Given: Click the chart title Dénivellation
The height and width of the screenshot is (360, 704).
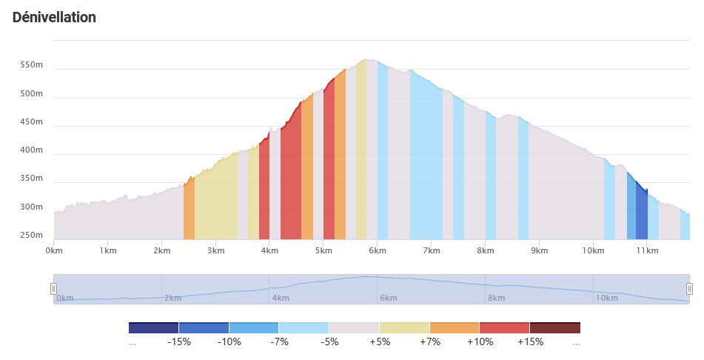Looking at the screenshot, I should coord(54,17).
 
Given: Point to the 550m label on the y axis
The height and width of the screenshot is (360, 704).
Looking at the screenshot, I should coord(32,66).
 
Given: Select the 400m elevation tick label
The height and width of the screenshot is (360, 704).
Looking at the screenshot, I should coord(32,150).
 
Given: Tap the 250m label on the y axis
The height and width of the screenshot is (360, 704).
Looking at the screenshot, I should coord(32,235).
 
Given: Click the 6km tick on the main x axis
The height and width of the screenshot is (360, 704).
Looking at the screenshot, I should coord(377,251).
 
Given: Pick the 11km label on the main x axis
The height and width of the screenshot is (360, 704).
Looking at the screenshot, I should coord(646,251).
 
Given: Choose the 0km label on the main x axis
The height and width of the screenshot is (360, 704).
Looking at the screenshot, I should coord(53,251).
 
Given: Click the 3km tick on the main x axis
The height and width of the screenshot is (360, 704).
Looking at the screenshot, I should coord(215,251).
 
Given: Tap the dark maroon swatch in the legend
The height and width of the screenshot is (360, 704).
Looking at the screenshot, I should coord(554,327).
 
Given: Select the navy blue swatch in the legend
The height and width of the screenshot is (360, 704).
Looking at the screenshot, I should coord(153,327).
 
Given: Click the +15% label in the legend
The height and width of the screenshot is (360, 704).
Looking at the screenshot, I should coord(531,342).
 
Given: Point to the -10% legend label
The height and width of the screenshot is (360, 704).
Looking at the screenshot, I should coord(228,342).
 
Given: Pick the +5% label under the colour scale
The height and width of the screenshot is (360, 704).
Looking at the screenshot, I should coord(379,342).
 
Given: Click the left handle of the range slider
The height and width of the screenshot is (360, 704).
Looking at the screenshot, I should coord(53,288).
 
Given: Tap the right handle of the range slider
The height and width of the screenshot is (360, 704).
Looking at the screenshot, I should coord(689,288).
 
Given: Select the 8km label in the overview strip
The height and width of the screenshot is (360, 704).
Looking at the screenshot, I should coord(496,298).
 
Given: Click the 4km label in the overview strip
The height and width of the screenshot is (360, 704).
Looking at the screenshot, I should coord(281,298).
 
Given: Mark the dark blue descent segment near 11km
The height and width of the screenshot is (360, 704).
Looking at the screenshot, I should coord(642,215).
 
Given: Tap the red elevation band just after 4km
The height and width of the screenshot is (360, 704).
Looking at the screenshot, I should coord(290,185).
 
